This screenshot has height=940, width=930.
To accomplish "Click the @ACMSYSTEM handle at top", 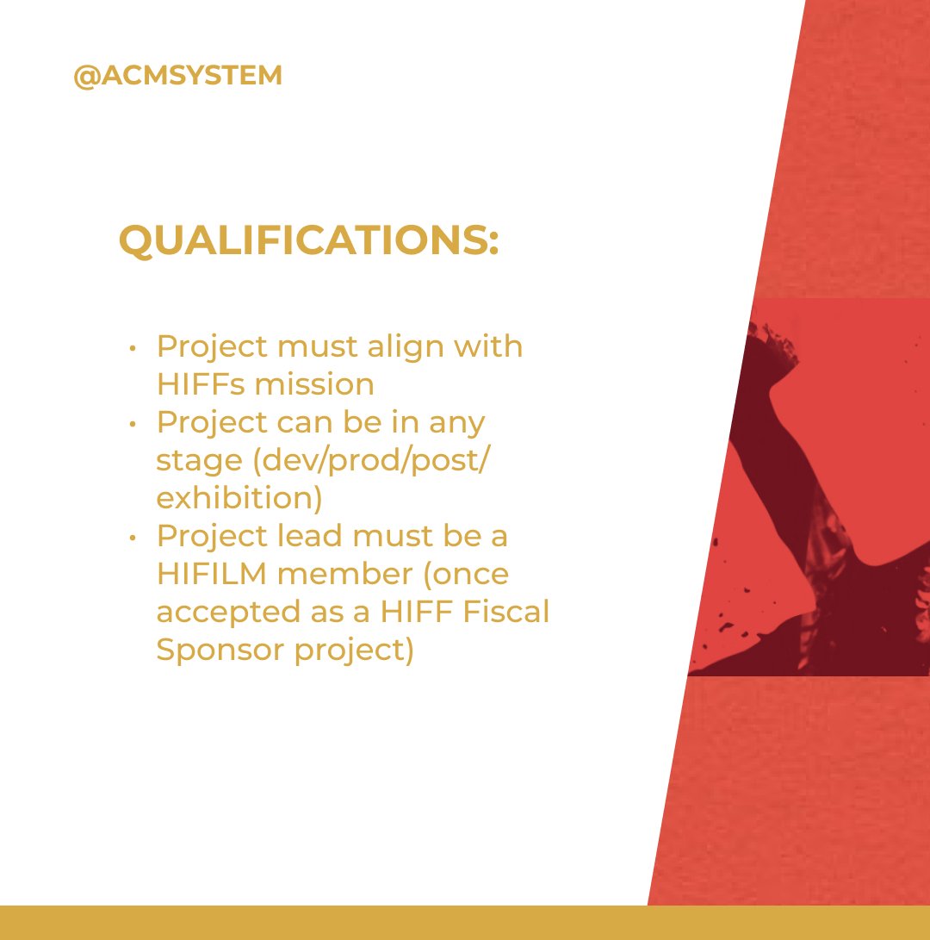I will coord(177,76).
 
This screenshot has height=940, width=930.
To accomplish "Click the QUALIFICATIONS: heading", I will coord(308,240).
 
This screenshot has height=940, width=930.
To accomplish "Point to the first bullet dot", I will coord(132,349).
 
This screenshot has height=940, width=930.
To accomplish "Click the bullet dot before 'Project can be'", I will coord(132,425).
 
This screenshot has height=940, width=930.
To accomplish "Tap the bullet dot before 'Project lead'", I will coord(132,538).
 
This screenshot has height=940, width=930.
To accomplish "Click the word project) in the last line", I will coord(355,651).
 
